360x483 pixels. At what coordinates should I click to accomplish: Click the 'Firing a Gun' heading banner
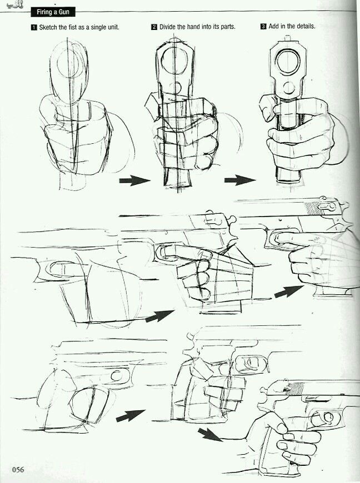coord(52,12)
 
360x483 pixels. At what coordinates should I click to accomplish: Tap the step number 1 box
coord(34,27)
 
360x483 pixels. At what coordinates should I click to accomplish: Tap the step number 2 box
coord(154,27)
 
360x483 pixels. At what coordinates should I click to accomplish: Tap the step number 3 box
coord(263,27)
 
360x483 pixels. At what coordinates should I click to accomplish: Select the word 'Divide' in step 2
coord(169,27)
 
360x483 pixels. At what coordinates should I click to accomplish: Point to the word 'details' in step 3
coord(304,27)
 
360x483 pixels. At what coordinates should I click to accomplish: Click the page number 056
coord(18,470)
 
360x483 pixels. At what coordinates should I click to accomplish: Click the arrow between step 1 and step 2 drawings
coord(134,180)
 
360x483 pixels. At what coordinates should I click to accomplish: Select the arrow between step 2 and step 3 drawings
coord(239,180)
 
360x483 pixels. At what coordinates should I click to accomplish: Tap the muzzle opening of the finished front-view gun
coord(288,63)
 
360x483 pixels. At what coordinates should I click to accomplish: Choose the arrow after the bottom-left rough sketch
coord(130,415)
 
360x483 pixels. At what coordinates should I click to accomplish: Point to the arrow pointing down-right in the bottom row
coord(210,434)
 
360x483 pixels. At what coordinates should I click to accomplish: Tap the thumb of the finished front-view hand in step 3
coord(268,108)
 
